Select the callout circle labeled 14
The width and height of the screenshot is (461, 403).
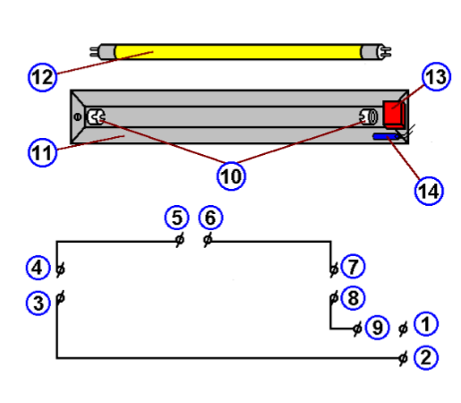click(428, 189)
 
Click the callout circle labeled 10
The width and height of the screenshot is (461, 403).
click(232, 176)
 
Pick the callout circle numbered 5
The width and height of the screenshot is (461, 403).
click(176, 218)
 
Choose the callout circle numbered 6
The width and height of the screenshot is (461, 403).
click(209, 218)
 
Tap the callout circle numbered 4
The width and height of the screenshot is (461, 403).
click(38, 268)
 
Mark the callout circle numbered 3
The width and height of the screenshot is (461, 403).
click(38, 303)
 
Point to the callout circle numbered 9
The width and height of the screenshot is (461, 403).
click(377, 329)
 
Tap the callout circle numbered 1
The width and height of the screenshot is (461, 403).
click(426, 323)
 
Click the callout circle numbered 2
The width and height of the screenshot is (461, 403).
click(426, 357)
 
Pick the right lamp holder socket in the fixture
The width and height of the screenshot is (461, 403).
click(366, 116)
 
